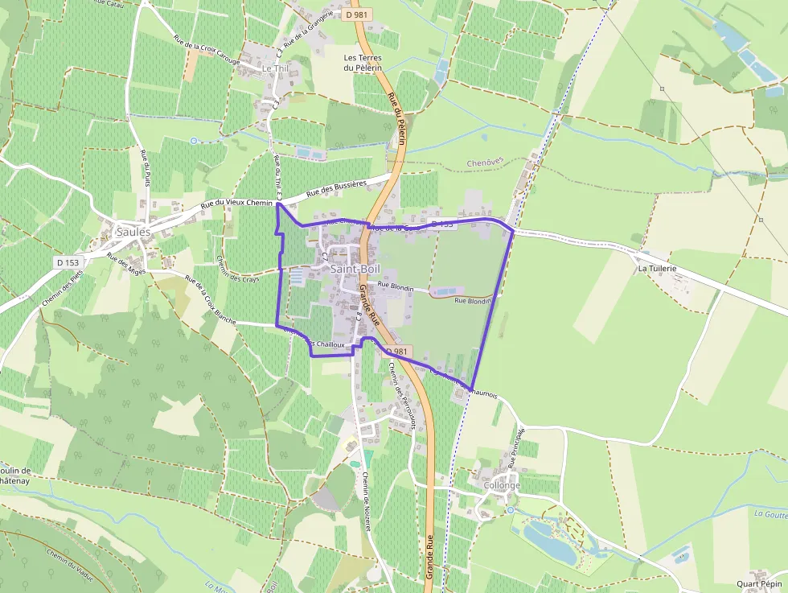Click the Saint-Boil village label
(355, 269)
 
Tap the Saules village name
(133, 232)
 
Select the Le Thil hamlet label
(275, 69)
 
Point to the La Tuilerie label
(657, 268)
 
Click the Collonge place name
(502, 486)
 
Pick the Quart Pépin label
(759, 584)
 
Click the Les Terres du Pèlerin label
(362, 63)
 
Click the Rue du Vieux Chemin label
(237, 205)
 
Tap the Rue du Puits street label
(146, 169)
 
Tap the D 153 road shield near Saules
(69, 262)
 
